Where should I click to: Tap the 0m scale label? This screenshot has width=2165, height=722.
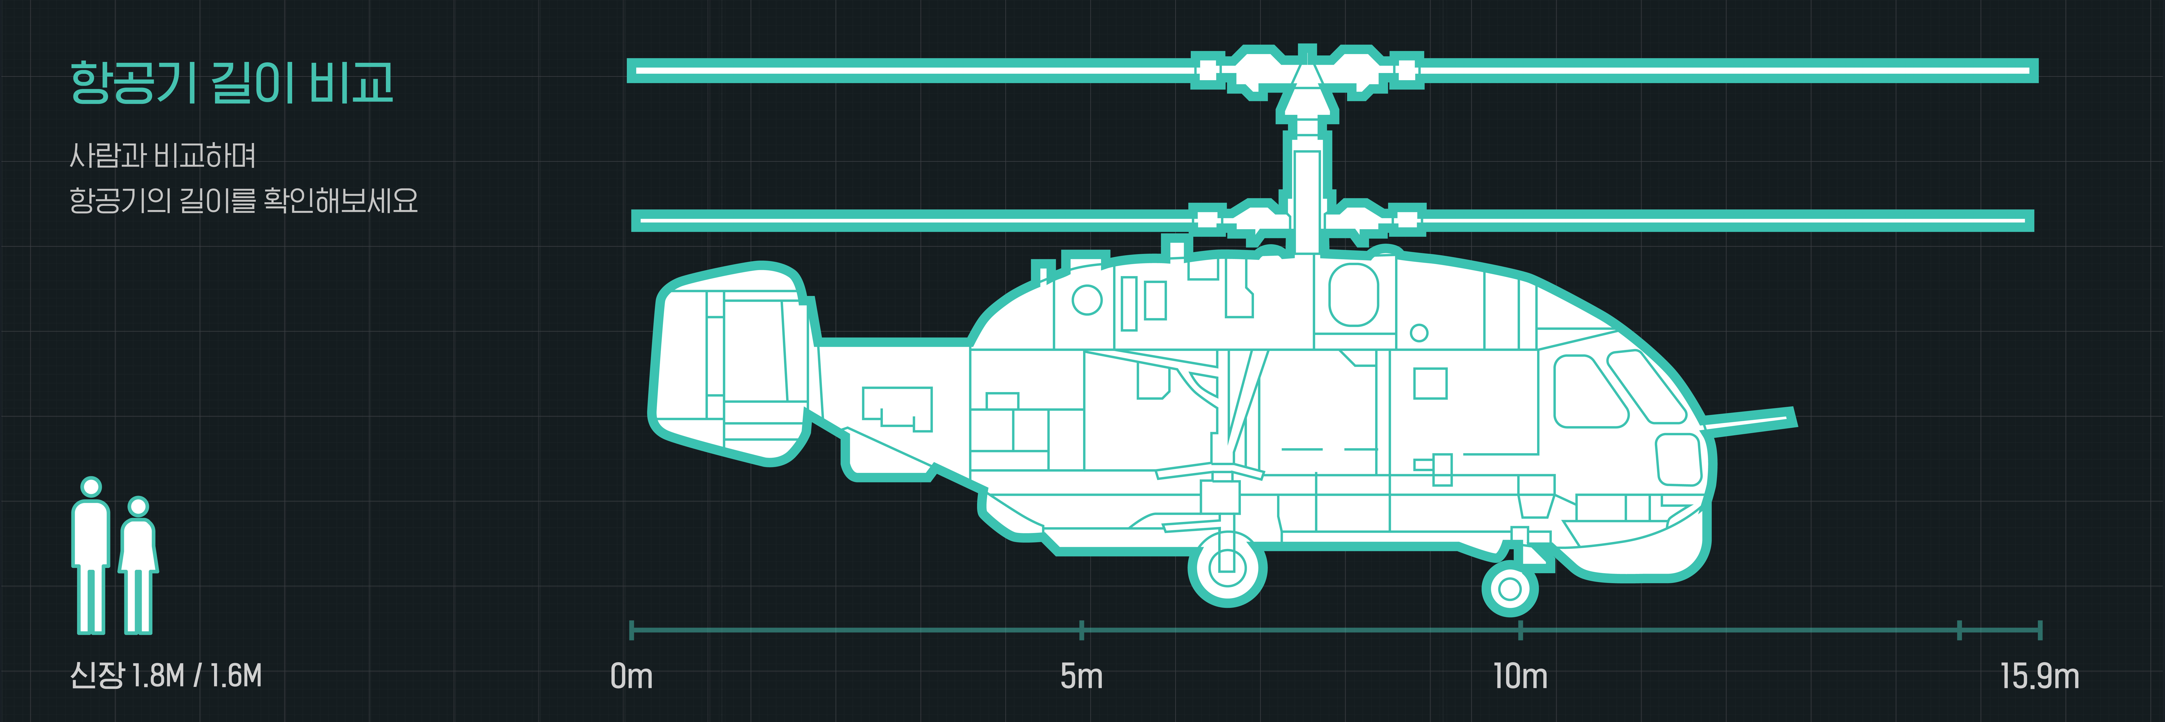pyautogui.click(x=631, y=676)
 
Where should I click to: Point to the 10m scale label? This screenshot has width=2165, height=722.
pyautogui.click(x=1520, y=676)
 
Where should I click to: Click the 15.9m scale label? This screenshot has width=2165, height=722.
pyautogui.click(x=2039, y=676)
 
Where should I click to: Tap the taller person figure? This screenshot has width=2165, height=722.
pyautogui.click(x=91, y=559)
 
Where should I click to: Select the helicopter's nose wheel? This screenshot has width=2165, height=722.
pyautogui.click(x=1509, y=588)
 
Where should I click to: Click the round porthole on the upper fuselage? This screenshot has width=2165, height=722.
pyautogui.click(x=1087, y=300)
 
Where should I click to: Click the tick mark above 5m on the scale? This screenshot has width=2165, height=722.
pyautogui.click(x=1082, y=630)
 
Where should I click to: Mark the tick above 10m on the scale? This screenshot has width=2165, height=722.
pyautogui.click(x=1520, y=630)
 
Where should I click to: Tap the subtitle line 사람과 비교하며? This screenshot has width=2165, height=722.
pyautogui.click(x=162, y=155)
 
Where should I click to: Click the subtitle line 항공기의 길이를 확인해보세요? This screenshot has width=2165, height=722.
pyautogui.click(x=244, y=200)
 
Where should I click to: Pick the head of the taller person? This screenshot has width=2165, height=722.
pyautogui.click(x=91, y=487)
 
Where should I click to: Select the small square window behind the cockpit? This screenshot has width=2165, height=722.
pyautogui.click(x=1430, y=383)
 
